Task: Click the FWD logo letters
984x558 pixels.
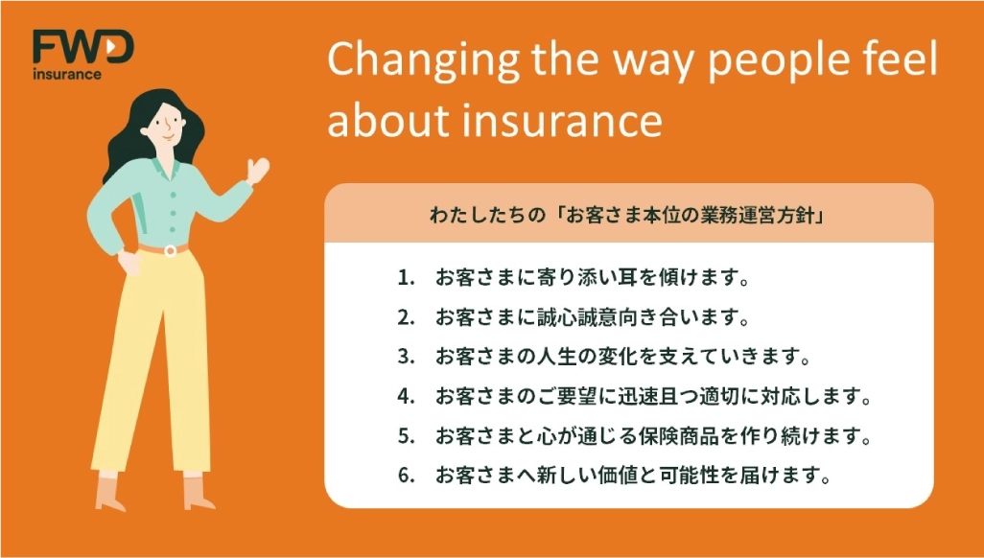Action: [82, 47]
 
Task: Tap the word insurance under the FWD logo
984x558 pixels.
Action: [66, 74]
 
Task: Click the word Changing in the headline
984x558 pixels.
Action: [423, 61]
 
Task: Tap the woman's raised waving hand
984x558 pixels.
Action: [257, 170]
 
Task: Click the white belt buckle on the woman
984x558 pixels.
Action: [170, 251]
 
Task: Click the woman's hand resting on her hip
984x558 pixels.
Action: [129, 263]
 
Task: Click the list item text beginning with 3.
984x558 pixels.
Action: [622, 358]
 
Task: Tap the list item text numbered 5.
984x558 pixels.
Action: [653, 435]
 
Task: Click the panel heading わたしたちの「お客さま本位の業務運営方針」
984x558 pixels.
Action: [627, 216]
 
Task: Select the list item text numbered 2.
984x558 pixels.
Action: [593, 317]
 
